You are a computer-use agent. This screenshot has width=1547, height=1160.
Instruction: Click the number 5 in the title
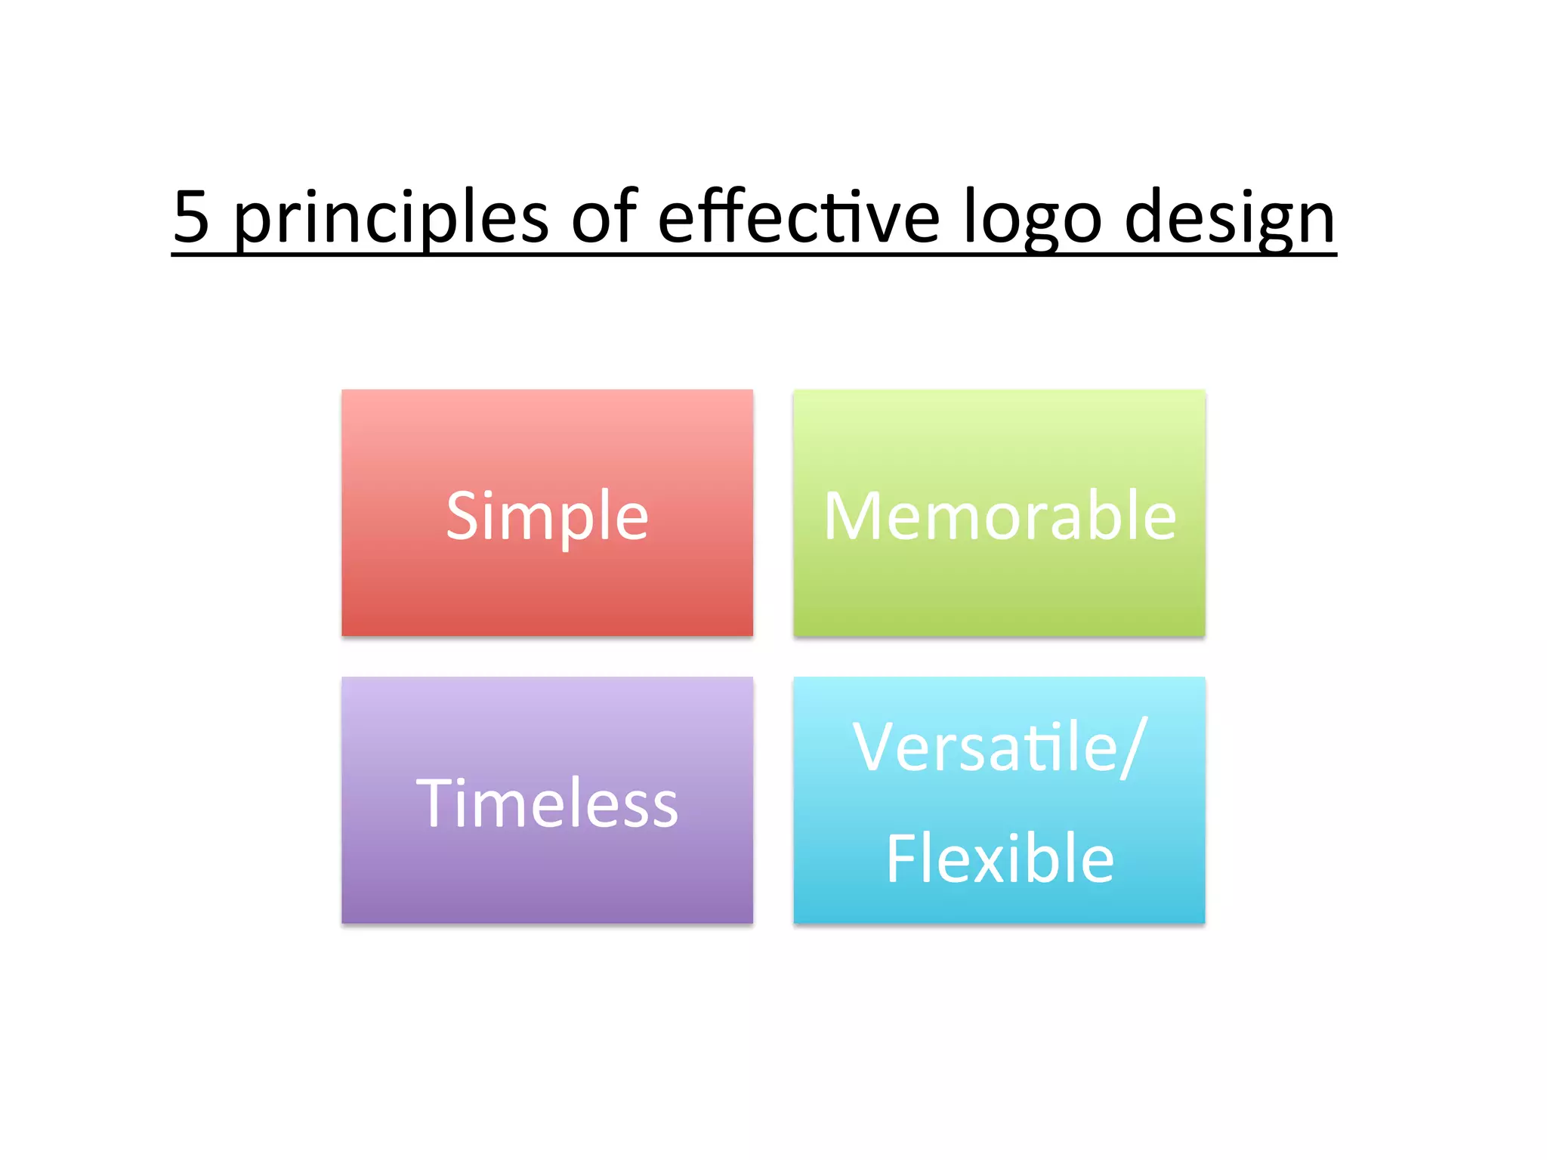coord(191,217)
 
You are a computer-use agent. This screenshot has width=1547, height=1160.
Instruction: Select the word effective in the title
coord(798,217)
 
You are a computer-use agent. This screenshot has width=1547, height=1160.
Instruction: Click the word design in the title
coord(1230,217)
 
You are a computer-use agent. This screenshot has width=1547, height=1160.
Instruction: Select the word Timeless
coord(547,804)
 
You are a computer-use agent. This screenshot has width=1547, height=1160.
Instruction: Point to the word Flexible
coord(999,859)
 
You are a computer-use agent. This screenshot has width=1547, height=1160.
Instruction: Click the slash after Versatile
coord(1135,748)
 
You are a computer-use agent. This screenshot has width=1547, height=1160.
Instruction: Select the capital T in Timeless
coord(436,804)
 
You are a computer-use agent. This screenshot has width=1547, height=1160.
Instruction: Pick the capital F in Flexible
coord(901,859)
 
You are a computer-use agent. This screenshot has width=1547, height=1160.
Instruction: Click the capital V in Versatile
coord(876,748)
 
